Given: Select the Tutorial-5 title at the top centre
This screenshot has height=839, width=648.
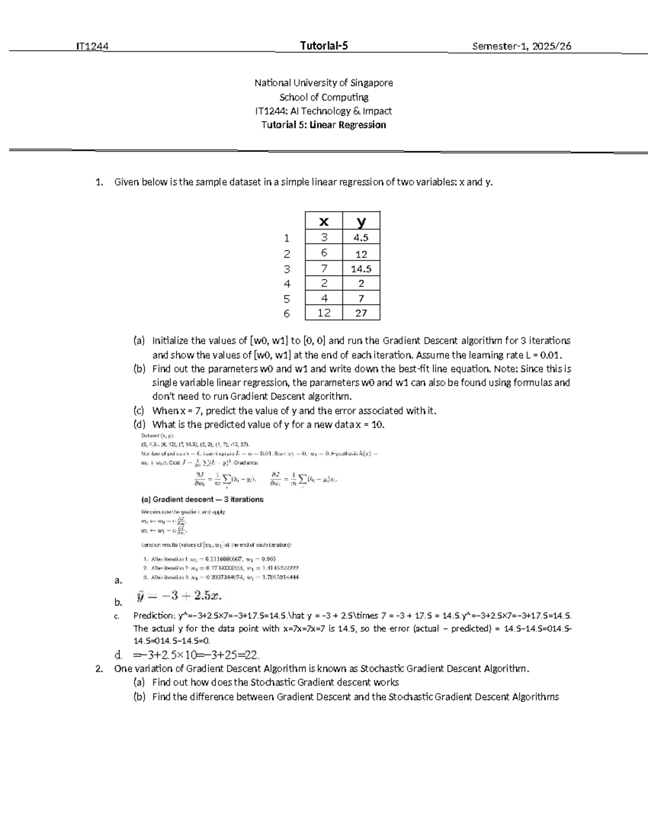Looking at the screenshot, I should [x=323, y=46].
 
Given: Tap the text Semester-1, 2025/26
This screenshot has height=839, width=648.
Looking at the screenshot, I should [x=521, y=46].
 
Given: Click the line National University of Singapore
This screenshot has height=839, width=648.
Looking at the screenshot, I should [x=323, y=83].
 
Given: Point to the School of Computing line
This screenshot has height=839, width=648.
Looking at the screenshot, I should [x=323, y=97].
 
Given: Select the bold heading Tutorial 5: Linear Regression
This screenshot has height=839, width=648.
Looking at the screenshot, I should [x=323, y=125].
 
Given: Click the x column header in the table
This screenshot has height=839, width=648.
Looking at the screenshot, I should [x=323, y=221].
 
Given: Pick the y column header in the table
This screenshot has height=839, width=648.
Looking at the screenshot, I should [x=361, y=221].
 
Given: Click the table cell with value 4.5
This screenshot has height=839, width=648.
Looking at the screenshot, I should [x=361, y=238].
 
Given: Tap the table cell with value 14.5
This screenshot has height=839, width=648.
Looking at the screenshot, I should [x=361, y=269].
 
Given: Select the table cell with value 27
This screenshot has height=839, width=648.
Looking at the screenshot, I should [x=361, y=313].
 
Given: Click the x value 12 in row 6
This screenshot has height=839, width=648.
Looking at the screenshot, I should [x=323, y=313].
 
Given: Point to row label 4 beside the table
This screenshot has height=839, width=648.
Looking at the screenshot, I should [x=287, y=284].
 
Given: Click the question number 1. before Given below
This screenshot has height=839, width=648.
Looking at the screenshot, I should [x=98, y=182].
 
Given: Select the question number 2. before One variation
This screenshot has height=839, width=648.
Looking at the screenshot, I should [x=98, y=669].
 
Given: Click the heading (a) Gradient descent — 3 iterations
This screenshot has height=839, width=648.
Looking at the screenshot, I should [x=202, y=499].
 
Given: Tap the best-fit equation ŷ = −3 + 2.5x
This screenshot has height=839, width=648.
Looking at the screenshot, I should [x=179, y=596].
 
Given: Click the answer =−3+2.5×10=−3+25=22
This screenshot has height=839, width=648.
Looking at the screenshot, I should [x=197, y=655].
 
